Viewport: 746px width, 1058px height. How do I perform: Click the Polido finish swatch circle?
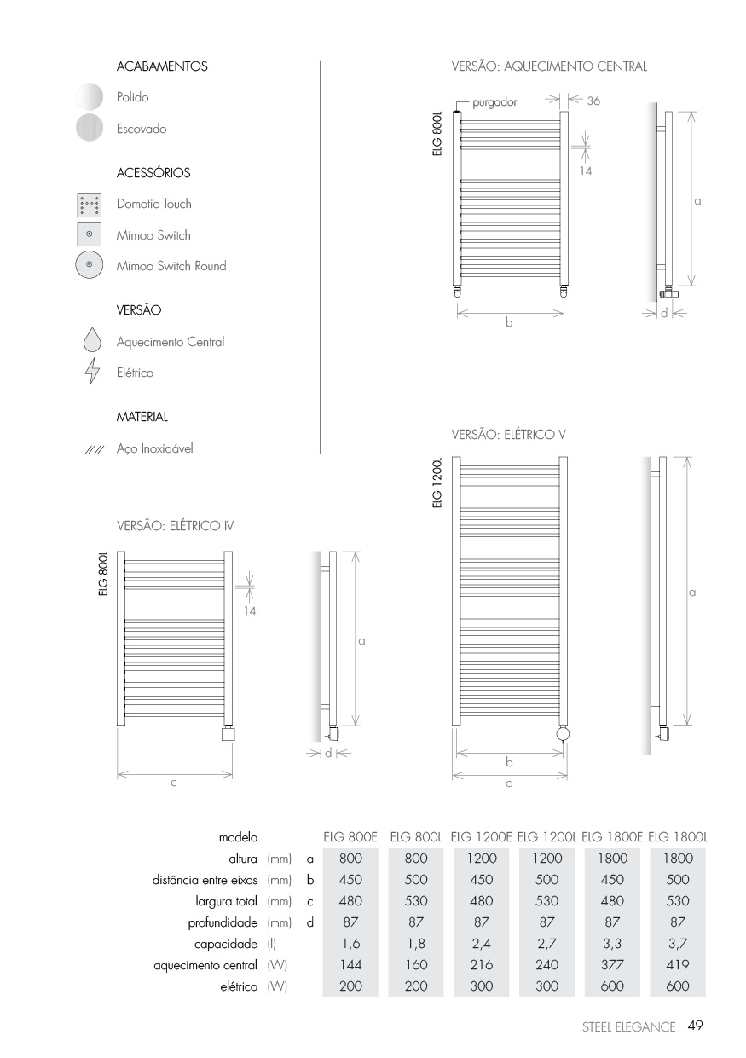click(89, 97)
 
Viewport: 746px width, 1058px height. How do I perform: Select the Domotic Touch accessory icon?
click(89, 205)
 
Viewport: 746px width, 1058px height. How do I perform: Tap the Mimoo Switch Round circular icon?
click(89, 266)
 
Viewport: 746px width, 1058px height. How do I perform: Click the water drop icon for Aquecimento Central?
click(91, 342)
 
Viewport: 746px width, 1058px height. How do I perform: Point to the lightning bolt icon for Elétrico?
click(91, 373)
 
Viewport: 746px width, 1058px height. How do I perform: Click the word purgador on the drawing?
click(494, 101)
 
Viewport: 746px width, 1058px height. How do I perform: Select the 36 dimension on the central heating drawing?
click(593, 101)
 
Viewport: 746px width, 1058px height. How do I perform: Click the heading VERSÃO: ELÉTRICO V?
click(509, 434)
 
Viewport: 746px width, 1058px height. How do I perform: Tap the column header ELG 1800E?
click(613, 837)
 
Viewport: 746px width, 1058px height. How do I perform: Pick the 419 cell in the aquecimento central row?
click(679, 965)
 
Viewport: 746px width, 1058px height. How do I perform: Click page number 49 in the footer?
click(694, 1026)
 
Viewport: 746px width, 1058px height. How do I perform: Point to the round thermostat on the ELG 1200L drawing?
click(564, 733)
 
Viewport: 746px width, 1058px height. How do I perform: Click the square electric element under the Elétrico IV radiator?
click(228, 734)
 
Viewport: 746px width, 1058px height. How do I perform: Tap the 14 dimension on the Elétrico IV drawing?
click(250, 610)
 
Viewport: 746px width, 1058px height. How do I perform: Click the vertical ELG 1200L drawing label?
click(437, 481)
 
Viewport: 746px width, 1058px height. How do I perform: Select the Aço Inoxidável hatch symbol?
click(94, 449)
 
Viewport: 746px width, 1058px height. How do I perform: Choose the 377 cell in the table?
click(613, 965)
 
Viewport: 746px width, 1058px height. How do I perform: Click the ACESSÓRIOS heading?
click(153, 173)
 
